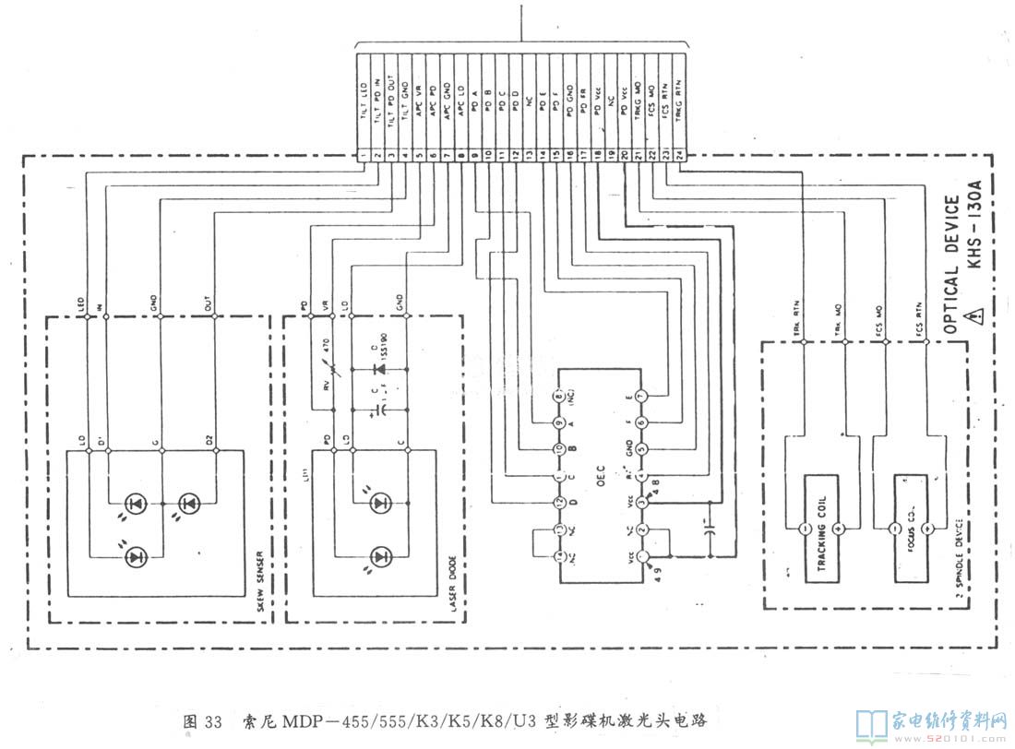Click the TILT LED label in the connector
(x=364, y=101)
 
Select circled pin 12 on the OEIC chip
(x=559, y=503)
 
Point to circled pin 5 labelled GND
(x=642, y=449)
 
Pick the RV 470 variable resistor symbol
(x=328, y=369)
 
